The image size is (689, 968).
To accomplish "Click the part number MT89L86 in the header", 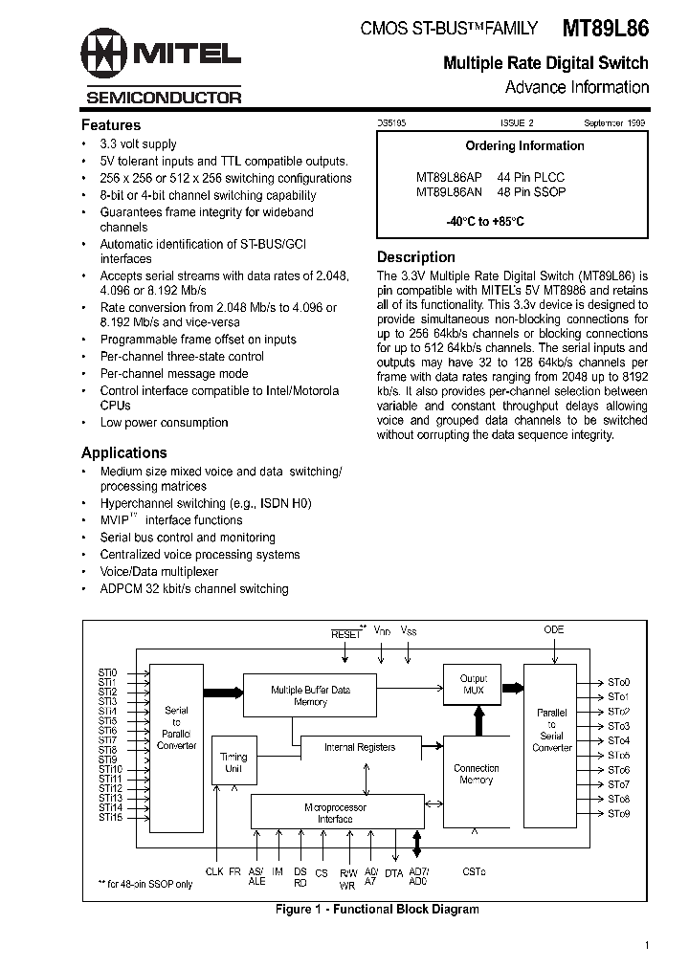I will tap(605, 29).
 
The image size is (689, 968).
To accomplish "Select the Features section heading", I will tap(111, 125).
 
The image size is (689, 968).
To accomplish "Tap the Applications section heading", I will tap(124, 453).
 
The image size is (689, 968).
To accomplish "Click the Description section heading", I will tap(415, 257).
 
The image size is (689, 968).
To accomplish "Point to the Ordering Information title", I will tap(524, 146).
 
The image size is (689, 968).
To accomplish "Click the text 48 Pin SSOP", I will tap(531, 191).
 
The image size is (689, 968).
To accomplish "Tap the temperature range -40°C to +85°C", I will tap(485, 221).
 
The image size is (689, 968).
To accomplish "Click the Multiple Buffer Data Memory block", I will tap(310, 695).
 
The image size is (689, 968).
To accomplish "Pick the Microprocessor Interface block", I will tap(335, 812).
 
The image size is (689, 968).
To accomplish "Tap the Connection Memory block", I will tap(476, 774).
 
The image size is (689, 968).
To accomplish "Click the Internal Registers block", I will tap(359, 747).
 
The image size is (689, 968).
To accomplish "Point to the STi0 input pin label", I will tap(107, 672).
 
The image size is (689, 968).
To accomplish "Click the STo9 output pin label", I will tap(619, 813).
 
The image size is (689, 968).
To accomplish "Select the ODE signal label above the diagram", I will tap(553, 630).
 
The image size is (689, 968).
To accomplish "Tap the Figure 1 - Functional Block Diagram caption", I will tap(376, 910).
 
